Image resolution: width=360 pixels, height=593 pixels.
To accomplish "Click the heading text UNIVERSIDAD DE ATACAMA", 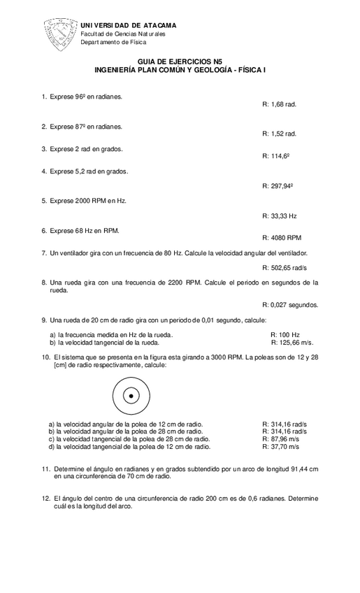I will click(x=129, y=25).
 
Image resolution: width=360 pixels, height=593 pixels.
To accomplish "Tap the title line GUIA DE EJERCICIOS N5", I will click(x=180, y=62).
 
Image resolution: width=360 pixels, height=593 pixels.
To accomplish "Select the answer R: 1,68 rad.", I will click(x=280, y=103).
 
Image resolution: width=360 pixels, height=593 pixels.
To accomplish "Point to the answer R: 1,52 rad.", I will click(x=280, y=133).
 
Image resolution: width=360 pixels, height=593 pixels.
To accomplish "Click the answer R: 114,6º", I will click(x=276, y=156).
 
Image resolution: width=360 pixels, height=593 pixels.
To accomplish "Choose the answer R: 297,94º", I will click(x=278, y=187).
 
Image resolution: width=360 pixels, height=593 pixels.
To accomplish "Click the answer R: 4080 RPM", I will click(x=281, y=238).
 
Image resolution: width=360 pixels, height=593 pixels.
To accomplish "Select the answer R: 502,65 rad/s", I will click(x=285, y=268).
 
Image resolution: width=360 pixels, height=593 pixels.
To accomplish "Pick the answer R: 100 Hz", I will click(x=285, y=336).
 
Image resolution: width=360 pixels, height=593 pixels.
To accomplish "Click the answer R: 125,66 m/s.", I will click(x=291, y=343).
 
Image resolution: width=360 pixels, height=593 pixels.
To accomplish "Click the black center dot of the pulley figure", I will click(x=130, y=396).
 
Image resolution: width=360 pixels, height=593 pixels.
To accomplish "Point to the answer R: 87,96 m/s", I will click(x=280, y=438).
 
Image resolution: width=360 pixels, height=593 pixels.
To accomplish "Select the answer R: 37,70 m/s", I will click(x=280, y=446).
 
